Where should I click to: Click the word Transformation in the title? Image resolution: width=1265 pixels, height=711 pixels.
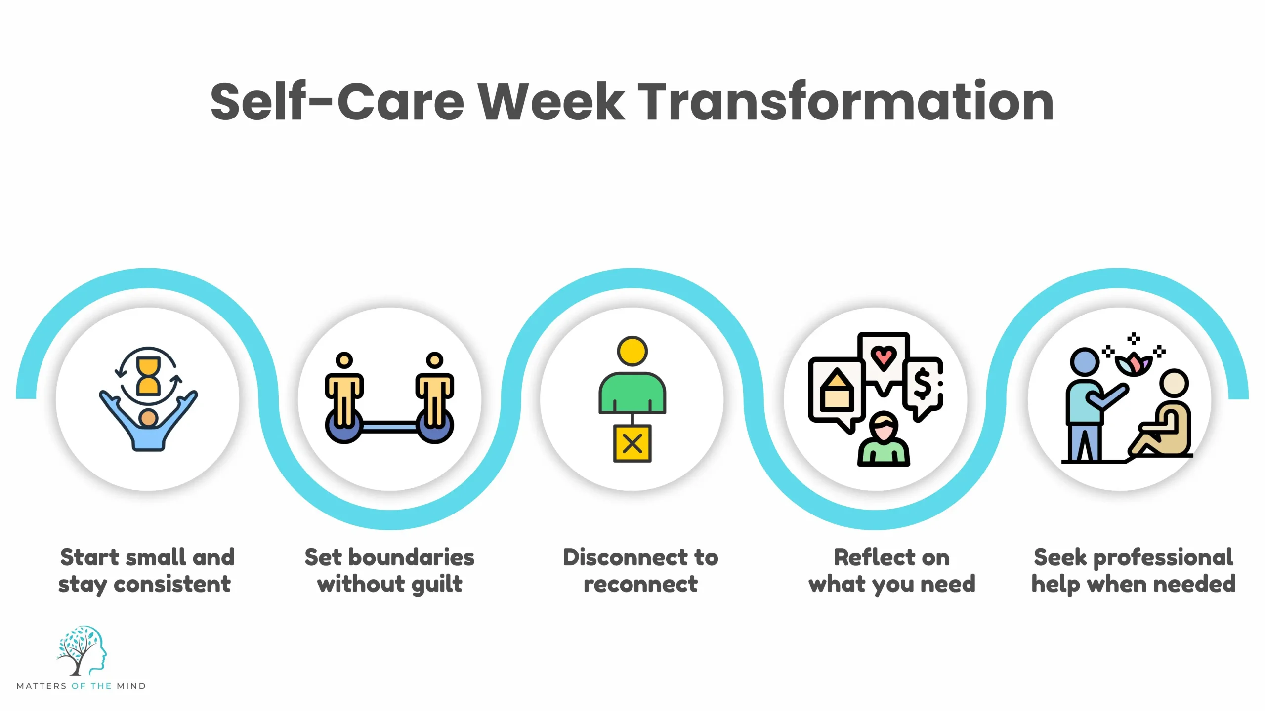[845, 102]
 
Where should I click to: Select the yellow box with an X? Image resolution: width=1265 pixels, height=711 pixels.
[632, 443]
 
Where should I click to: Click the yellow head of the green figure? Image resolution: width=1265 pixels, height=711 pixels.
[632, 351]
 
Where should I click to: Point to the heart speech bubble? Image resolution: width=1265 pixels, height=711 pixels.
[884, 358]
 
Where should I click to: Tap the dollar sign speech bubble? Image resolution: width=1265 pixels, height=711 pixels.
[923, 386]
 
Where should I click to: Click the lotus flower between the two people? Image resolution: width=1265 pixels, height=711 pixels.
[1134, 365]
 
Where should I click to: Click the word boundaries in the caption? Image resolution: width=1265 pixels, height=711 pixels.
[411, 557]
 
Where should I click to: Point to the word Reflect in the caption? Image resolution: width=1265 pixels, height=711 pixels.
[865, 557]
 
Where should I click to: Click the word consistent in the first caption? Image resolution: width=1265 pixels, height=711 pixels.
[172, 584]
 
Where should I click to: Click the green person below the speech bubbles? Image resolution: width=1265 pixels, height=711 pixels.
[884, 442]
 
